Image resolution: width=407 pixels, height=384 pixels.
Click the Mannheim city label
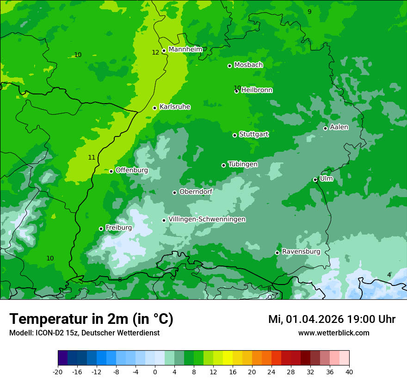click(x=185, y=50)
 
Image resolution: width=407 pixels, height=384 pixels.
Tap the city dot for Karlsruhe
click(x=154, y=108)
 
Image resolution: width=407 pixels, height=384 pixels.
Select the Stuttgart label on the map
click(x=253, y=134)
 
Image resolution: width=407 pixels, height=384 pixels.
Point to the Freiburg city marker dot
click(x=101, y=229)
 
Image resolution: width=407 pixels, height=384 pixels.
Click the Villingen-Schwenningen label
click(x=207, y=219)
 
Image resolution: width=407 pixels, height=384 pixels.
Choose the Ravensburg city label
click(x=301, y=252)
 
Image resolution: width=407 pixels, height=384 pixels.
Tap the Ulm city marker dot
click(x=315, y=180)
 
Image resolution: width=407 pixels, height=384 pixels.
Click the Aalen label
click(x=339, y=127)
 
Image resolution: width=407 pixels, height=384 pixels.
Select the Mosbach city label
click(x=248, y=65)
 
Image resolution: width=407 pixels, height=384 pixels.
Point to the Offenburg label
click(x=131, y=170)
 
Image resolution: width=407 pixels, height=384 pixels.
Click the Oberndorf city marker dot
click(x=174, y=192)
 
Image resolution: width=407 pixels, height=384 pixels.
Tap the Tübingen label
click(x=242, y=164)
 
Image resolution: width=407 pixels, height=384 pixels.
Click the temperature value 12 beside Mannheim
click(x=155, y=52)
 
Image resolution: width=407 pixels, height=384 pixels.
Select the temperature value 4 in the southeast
click(x=389, y=275)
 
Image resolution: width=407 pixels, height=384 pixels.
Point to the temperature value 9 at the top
click(x=309, y=12)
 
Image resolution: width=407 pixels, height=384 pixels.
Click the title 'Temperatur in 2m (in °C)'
click(x=91, y=319)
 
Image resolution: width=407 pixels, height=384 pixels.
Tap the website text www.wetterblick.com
click(x=333, y=333)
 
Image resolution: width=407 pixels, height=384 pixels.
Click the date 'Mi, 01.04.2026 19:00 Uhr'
click(x=332, y=319)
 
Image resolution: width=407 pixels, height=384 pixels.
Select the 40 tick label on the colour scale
click(x=349, y=372)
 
